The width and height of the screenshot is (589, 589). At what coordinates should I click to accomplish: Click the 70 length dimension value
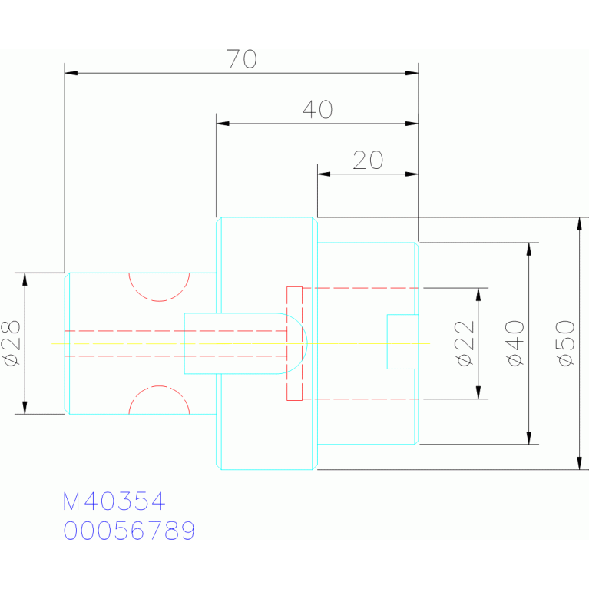click(242, 58)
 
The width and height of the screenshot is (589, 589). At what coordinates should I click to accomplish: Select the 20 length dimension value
click(368, 160)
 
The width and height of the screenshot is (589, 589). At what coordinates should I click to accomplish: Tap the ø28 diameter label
click(12, 343)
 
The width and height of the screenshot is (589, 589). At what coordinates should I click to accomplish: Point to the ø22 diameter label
click(465, 343)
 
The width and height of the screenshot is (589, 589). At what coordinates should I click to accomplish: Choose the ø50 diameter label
click(565, 343)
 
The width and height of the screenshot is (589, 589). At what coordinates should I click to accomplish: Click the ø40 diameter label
click(515, 343)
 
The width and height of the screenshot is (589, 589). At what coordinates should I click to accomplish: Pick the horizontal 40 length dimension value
click(317, 109)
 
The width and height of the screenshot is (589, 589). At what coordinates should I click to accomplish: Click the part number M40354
click(114, 501)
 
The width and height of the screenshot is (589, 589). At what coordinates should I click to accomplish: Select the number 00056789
click(129, 531)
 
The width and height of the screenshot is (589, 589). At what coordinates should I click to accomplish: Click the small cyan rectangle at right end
click(402, 342)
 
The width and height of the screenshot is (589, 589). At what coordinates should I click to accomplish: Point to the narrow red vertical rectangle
click(295, 343)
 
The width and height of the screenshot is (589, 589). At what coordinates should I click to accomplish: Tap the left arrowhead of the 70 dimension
click(71, 73)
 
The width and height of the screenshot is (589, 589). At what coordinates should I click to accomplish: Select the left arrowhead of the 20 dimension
click(324, 174)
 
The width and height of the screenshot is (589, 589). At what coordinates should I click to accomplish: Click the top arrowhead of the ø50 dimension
click(579, 223)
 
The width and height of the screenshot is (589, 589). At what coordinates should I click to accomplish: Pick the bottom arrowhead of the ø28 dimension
click(25, 408)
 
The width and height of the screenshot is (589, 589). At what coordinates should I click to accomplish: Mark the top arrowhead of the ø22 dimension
click(478, 295)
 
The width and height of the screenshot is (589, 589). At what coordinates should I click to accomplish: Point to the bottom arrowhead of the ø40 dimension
click(529, 438)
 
